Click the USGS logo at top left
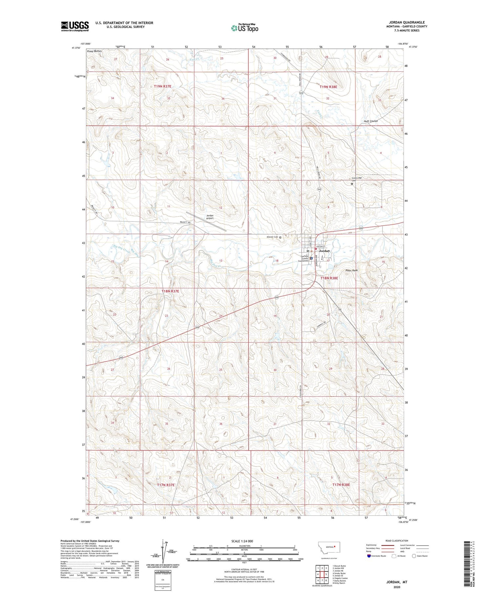(75, 26)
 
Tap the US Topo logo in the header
(244, 28)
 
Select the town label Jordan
(324, 251)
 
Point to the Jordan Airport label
(210, 217)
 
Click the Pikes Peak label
(351, 270)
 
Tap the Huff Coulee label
(371, 121)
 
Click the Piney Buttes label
(94, 51)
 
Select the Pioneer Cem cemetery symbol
(280, 237)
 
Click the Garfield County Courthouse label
(303, 259)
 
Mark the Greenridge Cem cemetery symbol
(352, 184)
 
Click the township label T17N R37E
(166, 485)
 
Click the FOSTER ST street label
(320, 246)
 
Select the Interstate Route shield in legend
(369, 556)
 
